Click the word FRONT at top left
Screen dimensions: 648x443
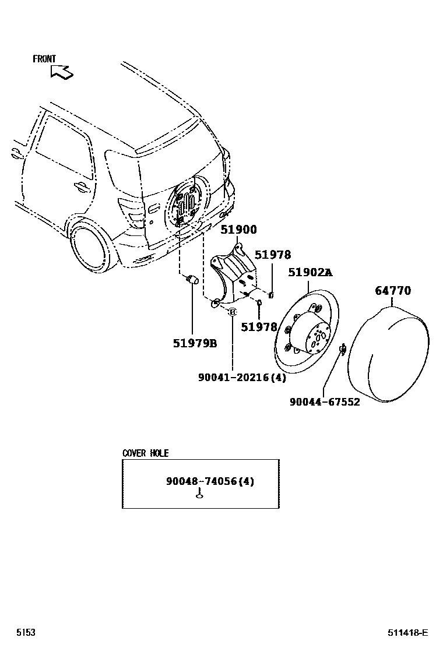[x=44, y=59]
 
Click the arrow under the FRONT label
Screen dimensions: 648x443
[x=62, y=72]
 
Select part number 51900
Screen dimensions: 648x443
[x=238, y=230]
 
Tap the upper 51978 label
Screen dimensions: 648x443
[x=273, y=255]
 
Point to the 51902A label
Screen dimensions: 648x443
[x=311, y=272]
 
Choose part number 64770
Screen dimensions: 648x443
[x=393, y=290]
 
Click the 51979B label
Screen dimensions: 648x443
[x=195, y=343]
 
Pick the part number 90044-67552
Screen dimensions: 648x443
[x=325, y=402]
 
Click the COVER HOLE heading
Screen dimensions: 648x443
[x=145, y=453]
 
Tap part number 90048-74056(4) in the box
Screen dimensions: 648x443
[x=210, y=481]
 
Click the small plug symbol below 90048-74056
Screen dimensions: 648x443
[x=199, y=496]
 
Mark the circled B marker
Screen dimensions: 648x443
[x=232, y=312]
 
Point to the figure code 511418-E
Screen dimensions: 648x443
[x=408, y=633]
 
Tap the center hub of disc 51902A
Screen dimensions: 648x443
[x=315, y=338]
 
